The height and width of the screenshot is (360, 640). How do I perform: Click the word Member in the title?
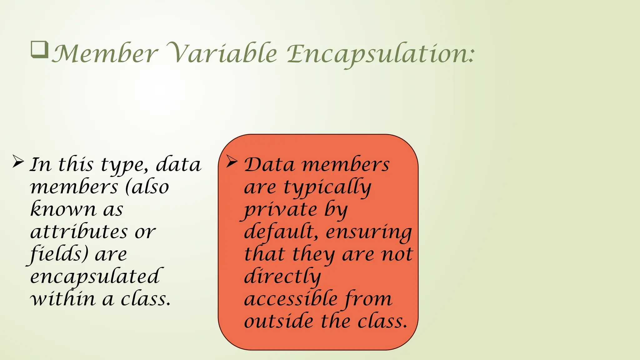(x=105, y=54)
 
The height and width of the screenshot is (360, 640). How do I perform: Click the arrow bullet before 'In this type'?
(x=18, y=162)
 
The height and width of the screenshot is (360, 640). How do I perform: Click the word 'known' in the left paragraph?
(x=63, y=209)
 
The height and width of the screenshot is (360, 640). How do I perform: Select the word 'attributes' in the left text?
(x=79, y=232)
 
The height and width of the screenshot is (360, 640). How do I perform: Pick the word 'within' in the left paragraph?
(x=62, y=299)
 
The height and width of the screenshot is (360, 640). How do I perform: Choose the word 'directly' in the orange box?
(x=282, y=277)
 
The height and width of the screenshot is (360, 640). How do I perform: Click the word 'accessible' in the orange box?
(x=291, y=299)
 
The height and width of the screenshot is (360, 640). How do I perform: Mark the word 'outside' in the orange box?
(x=278, y=321)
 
